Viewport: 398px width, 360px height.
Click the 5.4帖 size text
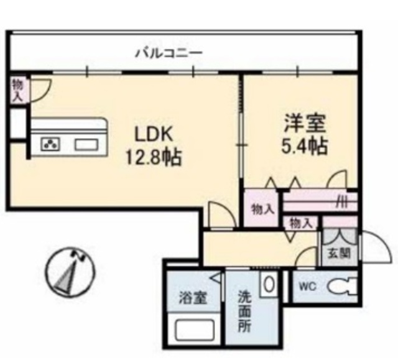(x=303, y=147)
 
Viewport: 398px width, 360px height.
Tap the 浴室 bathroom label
(x=190, y=296)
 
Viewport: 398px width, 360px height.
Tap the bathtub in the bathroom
(x=193, y=328)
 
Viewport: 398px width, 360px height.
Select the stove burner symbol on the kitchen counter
(x=50, y=145)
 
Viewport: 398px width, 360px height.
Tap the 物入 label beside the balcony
(x=17, y=90)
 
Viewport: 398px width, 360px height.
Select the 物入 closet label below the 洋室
(x=262, y=208)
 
